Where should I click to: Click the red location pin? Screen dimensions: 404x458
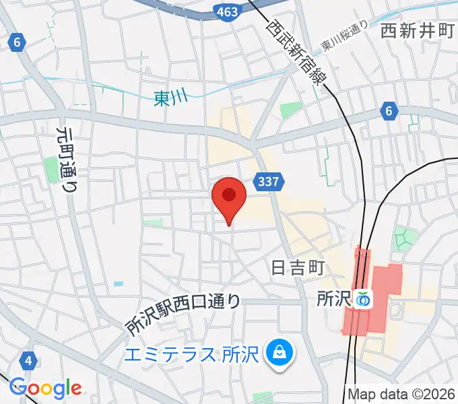pyautogui.click(x=229, y=197)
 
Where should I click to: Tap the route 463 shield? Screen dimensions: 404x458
pyautogui.click(x=226, y=11)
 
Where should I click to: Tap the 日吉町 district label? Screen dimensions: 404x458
pyautogui.click(x=298, y=268)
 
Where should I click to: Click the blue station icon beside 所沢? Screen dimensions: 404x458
pyautogui.click(x=364, y=298)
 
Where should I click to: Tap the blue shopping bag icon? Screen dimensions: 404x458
pyautogui.click(x=277, y=351)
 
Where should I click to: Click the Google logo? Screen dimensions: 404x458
pyautogui.click(x=45, y=388)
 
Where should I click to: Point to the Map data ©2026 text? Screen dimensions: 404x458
pyautogui.click(x=401, y=394)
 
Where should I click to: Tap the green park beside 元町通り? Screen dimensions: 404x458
pyautogui.click(x=51, y=169)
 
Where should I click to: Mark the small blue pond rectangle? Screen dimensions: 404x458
pyautogui.click(x=119, y=283)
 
